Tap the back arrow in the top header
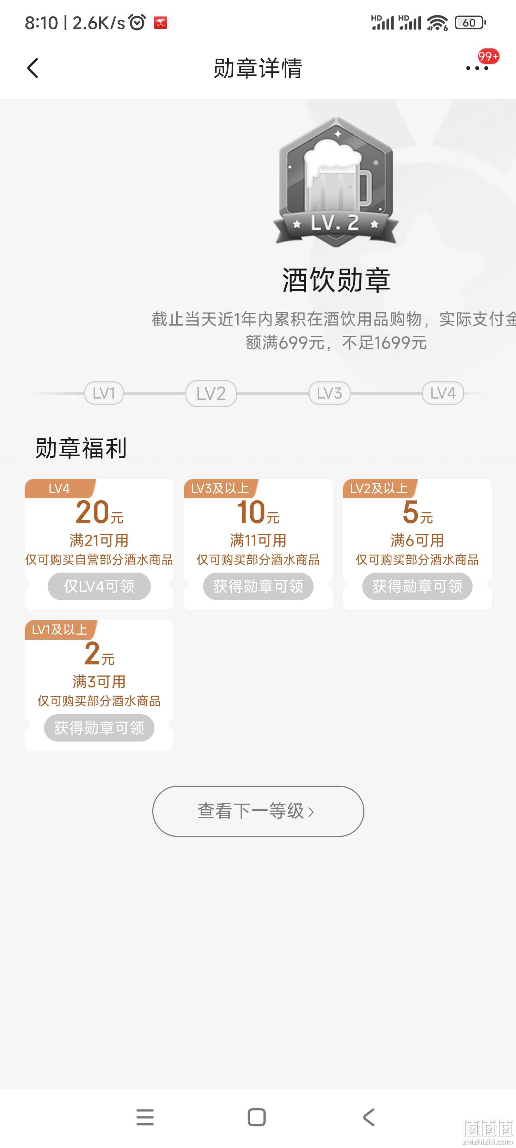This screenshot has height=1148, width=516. pyautogui.click(x=33, y=68)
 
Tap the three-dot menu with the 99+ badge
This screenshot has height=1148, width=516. pyautogui.click(x=477, y=68)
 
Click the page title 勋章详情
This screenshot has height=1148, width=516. pyautogui.click(x=258, y=68)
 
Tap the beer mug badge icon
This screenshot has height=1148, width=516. pyautogui.click(x=336, y=182)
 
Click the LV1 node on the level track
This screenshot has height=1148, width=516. pyautogui.click(x=104, y=393)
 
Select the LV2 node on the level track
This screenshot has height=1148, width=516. pyautogui.click(x=211, y=393)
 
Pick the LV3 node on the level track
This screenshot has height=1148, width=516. pyautogui.click(x=329, y=393)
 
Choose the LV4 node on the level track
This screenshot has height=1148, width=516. pyautogui.click(x=443, y=393)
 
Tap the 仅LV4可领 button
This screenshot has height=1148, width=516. pyautogui.click(x=99, y=586)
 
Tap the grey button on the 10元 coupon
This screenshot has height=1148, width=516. pyautogui.click(x=258, y=586)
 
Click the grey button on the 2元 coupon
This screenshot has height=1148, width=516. pyautogui.click(x=99, y=728)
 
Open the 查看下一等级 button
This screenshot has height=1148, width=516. pyautogui.click(x=258, y=811)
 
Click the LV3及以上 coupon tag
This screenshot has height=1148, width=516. pyautogui.click(x=220, y=488)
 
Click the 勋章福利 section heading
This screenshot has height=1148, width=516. pyautogui.click(x=81, y=448)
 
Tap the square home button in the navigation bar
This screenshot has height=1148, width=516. pyautogui.click(x=257, y=1117)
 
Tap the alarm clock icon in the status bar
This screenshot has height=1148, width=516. pyautogui.click(x=137, y=22)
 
